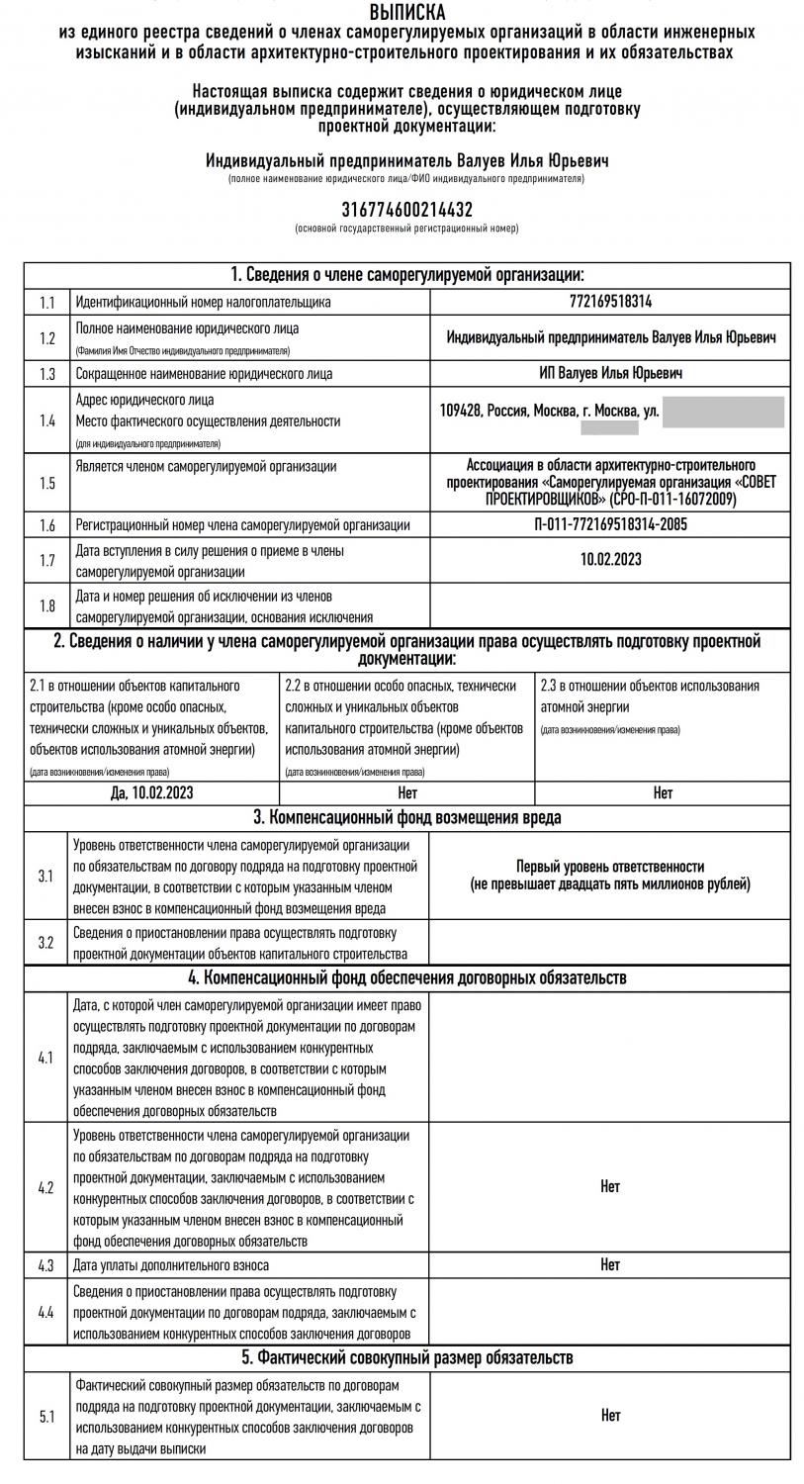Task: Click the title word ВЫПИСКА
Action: click(x=406, y=13)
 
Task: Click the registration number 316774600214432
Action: click(x=406, y=210)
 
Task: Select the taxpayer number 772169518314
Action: click(x=610, y=302)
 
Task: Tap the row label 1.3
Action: click(x=46, y=374)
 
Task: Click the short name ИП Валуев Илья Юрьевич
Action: click(x=610, y=373)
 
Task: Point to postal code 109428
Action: click(x=461, y=410)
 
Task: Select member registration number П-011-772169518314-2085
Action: click(x=610, y=525)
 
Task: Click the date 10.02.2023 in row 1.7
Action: click(x=610, y=559)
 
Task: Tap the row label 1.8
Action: click(x=46, y=605)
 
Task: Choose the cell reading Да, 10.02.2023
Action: click(x=151, y=792)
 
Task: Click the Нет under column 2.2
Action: click(x=407, y=792)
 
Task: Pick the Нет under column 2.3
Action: click(x=663, y=792)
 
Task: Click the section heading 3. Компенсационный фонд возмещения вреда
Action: click(x=406, y=817)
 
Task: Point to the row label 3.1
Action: click(x=46, y=877)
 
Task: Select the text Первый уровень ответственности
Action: click(x=610, y=866)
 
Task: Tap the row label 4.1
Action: click(x=46, y=1058)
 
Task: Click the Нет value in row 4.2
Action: click(x=610, y=1186)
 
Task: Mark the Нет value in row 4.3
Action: click(x=610, y=1264)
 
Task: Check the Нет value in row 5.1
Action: click(x=610, y=1416)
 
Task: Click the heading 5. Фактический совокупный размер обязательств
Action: click(x=406, y=1356)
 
